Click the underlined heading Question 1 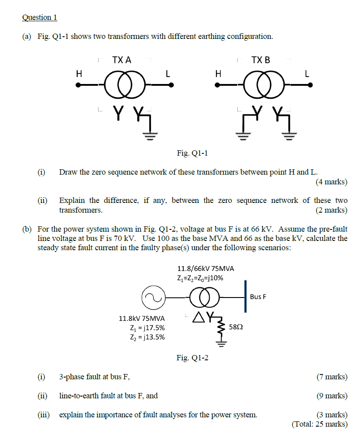pyautogui.click(x=39, y=18)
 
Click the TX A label pyautogui.click(x=121, y=60)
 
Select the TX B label pyautogui.click(x=261, y=60)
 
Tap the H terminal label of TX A pyautogui.click(x=79, y=74)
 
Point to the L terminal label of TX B pyautogui.click(x=307, y=74)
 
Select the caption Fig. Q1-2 pyautogui.click(x=192, y=357)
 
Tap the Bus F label pyautogui.click(x=258, y=296)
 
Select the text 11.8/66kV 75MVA pyautogui.click(x=205, y=268)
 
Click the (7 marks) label pyautogui.click(x=332, y=377)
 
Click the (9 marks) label pyautogui.click(x=332, y=396)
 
